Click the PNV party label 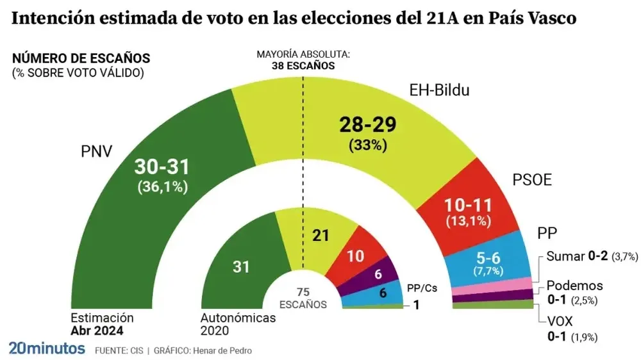click(96, 152)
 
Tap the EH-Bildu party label click(439, 90)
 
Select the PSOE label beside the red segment click(532, 180)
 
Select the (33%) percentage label click(368, 145)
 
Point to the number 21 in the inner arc click(320, 235)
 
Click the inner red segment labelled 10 click(355, 256)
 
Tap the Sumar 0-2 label click(573, 257)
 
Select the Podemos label click(574, 286)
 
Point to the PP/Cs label click(422, 288)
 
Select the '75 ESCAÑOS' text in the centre click(303, 299)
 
